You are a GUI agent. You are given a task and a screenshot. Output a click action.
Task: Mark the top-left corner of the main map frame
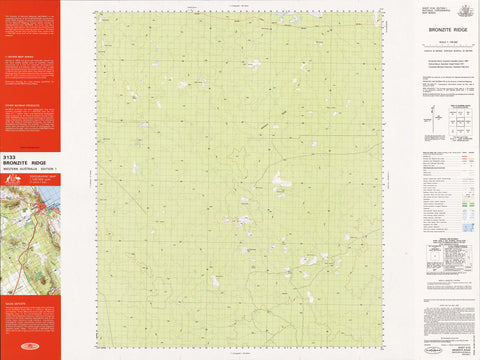point(97,13)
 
